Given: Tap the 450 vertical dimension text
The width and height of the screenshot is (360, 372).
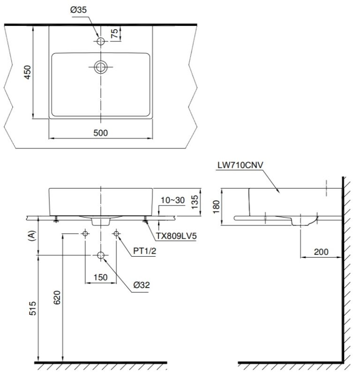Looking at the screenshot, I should pyautogui.click(x=28, y=72).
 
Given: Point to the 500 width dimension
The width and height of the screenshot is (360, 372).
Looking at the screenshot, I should pyautogui.click(x=101, y=133).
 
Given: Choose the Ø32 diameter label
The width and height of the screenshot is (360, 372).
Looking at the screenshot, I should pyautogui.click(x=141, y=285).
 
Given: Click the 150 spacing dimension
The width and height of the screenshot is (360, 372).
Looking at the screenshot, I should pyautogui.click(x=100, y=277).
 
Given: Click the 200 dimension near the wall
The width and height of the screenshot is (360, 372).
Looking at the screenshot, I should pyautogui.click(x=321, y=252).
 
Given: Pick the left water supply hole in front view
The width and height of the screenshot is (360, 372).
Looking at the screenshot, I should pyautogui.click(x=85, y=234).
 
